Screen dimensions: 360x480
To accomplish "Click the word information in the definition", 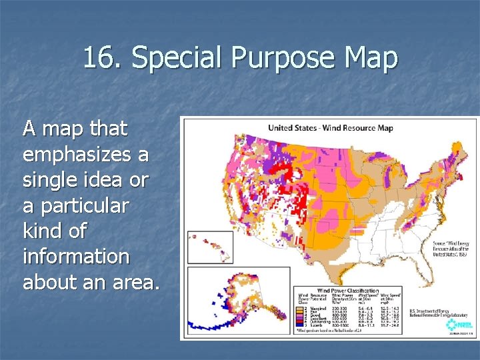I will click(76, 256).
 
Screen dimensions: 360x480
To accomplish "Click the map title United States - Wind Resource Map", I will click(331, 127).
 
